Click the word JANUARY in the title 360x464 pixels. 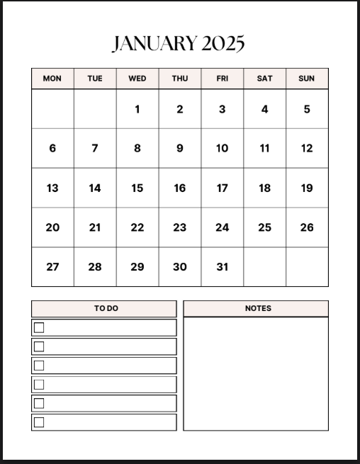point(154,44)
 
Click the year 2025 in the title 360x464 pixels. point(223,44)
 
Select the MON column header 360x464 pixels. point(52,79)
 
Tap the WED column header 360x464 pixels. point(137,79)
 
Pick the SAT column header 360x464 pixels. point(264,79)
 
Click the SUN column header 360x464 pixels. point(307,79)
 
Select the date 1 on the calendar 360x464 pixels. point(137,109)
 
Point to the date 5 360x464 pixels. point(307,109)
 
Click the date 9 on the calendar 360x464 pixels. point(180,148)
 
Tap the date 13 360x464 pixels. point(52,188)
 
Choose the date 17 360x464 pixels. point(223,188)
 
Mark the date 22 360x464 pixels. point(137,227)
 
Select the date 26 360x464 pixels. point(307,227)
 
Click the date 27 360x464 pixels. point(52,266)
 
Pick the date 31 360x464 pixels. point(223,266)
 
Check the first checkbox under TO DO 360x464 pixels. point(39,327)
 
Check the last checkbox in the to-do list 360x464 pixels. point(39,422)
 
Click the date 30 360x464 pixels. point(180,266)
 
